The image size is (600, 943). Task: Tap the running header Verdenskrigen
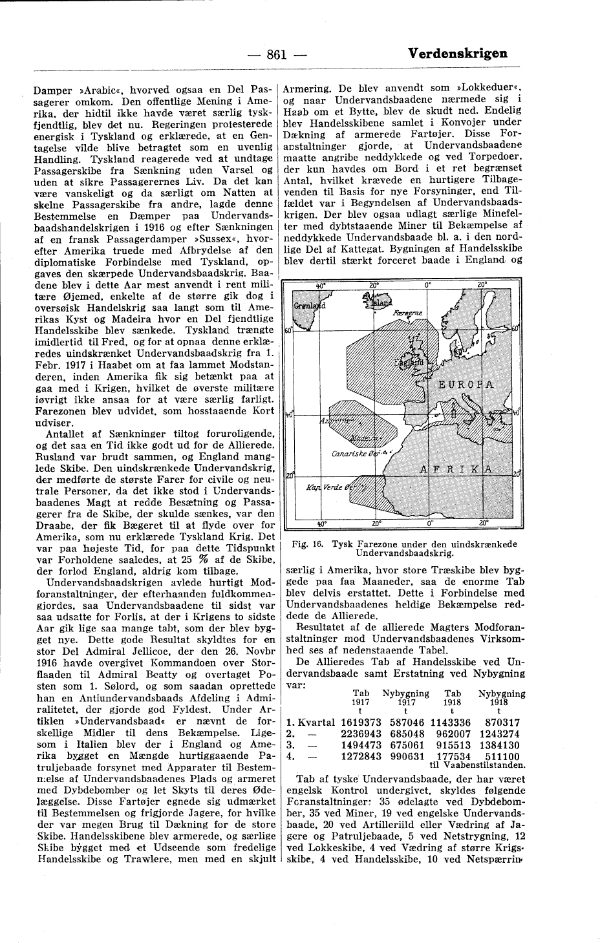point(458,54)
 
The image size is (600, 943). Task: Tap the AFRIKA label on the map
point(457,468)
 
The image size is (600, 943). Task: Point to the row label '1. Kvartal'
point(310,723)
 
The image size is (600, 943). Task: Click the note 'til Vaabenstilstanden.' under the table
point(477,765)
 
